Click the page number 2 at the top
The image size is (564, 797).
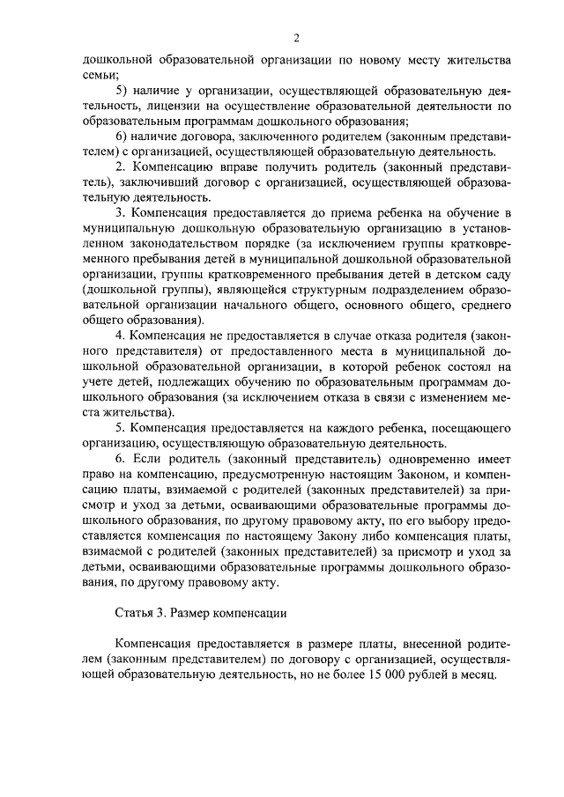297,38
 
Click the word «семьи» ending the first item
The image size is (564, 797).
98,75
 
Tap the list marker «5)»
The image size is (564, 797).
124,91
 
